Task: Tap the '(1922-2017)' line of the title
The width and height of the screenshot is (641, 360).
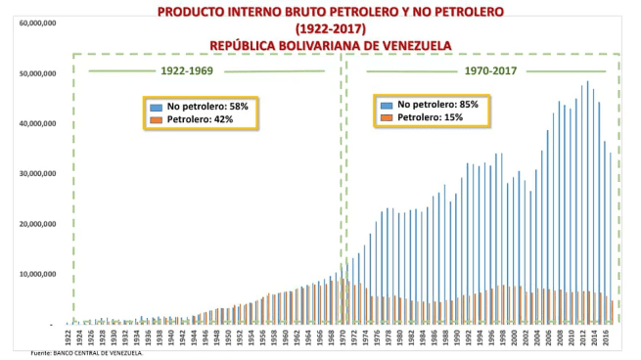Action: (329, 28)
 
